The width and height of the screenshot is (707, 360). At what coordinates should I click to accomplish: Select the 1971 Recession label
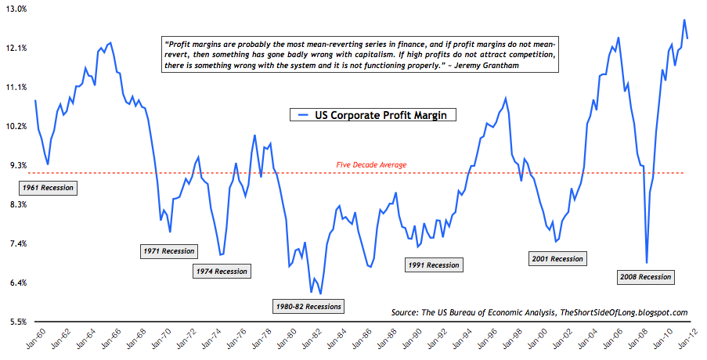coord(170,251)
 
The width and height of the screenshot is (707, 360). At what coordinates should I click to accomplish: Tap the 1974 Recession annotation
coord(220,272)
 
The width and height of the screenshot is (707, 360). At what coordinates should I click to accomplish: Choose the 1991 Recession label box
coord(433,265)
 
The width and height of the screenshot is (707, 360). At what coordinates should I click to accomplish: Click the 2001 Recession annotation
coord(557,258)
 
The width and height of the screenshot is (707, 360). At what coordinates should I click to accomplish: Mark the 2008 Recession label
coord(645,276)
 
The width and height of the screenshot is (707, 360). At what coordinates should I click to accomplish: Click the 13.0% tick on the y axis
coord(16,9)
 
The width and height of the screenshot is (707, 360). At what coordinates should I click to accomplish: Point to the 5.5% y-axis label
coord(17,322)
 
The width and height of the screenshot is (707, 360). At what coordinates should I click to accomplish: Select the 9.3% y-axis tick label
coord(17,166)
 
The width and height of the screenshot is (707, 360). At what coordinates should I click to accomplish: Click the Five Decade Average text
coord(371,164)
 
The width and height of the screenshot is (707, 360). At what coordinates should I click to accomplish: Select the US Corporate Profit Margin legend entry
coord(373,114)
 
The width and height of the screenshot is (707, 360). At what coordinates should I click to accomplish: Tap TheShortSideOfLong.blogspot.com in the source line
coord(623,312)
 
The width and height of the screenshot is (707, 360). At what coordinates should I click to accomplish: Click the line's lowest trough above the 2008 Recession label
coord(647,262)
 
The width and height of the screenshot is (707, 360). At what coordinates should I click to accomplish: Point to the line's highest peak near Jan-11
coord(684,20)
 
